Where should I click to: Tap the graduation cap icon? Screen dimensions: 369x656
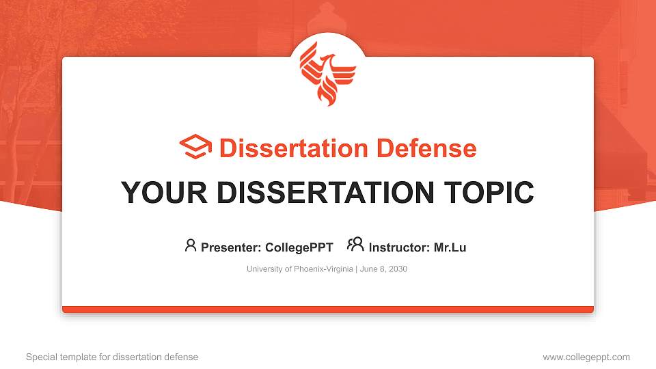(195, 148)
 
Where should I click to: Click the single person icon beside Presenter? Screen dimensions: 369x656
(191, 245)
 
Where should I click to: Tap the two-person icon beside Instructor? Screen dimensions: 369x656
(355, 245)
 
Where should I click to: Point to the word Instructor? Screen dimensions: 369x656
(399, 247)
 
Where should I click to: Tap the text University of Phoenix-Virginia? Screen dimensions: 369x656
(299, 269)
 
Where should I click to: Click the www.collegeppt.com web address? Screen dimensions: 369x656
(586, 357)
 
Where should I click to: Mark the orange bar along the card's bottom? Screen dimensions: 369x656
(328, 310)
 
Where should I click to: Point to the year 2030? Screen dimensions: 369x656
(396, 269)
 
